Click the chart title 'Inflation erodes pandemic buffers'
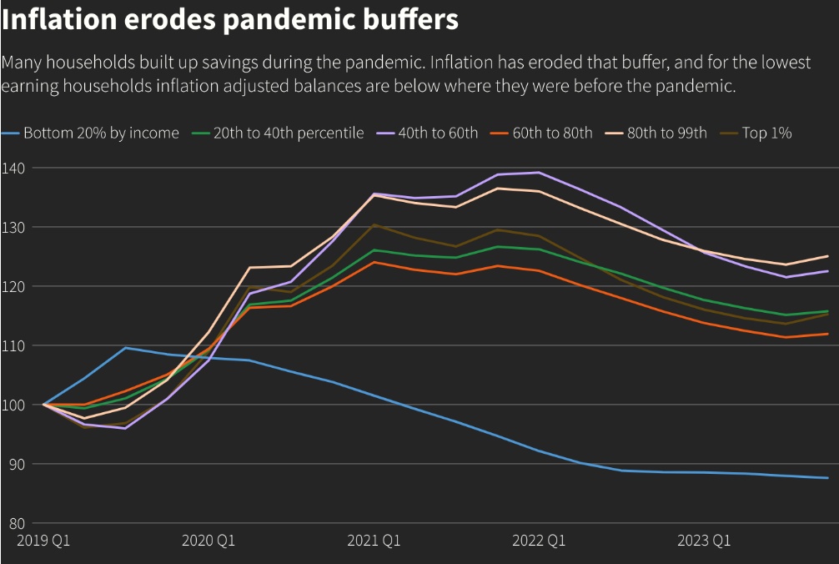[x=230, y=19]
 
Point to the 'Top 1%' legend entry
[x=766, y=133]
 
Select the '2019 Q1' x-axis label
[x=43, y=541]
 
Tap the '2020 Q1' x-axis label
[x=208, y=541]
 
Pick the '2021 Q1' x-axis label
[x=374, y=541]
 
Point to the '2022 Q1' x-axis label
[x=539, y=541]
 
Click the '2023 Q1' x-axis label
[x=704, y=541]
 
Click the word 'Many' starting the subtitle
[x=23, y=63]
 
